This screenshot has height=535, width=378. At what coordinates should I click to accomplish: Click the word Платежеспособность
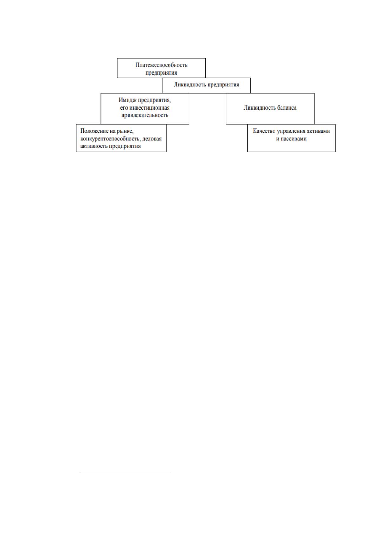point(161,65)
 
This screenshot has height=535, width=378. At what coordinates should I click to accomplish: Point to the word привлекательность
point(145,115)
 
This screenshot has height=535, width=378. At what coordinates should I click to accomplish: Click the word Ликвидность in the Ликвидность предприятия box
point(190,85)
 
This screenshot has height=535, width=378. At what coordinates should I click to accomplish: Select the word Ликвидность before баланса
point(259,108)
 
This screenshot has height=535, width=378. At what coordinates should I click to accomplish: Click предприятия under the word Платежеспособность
point(161,73)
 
